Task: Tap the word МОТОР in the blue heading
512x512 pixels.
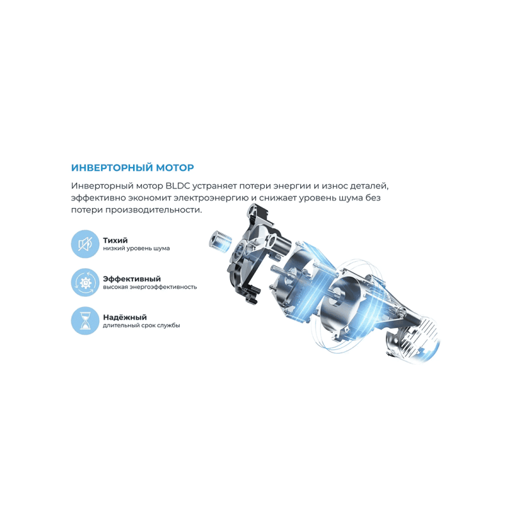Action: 172,168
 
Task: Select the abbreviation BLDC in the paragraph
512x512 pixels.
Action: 178,186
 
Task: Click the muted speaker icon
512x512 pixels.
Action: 84,244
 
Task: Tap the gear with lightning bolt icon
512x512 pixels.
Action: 84,282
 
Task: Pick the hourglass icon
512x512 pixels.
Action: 84,321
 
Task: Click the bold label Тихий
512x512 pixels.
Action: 115,240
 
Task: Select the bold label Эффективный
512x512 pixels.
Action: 131,278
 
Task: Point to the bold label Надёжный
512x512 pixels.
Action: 124,317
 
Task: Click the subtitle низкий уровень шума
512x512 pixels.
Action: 136,248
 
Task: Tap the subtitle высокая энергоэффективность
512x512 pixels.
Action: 149,287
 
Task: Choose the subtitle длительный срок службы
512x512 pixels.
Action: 141,325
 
